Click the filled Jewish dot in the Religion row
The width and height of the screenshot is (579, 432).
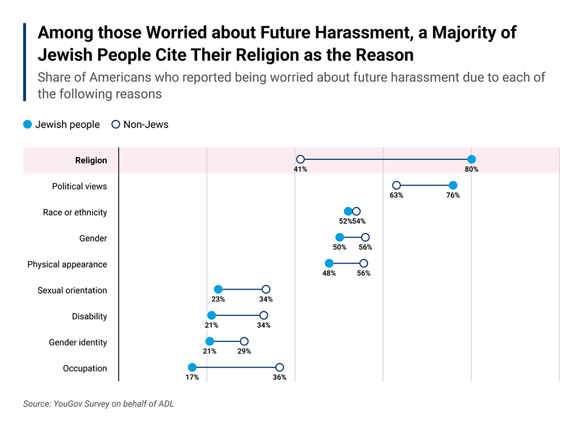pyautogui.click(x=471, y=159)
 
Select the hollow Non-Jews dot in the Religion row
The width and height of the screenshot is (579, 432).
pyautogui.click(x=300, y=159)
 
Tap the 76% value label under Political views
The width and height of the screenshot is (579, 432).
pyautogui.click(x=452, y=195)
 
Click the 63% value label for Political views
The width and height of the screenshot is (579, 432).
pyautogui.click(x=396, y=195)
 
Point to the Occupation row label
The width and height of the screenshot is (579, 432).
pyautogui.click(x=85, y=369)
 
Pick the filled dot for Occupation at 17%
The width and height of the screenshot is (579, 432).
pyautogui.click(x=192, y=367)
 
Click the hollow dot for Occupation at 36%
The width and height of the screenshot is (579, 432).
pyautogui.click(x=279, y=367)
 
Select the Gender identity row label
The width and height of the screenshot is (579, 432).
pyautogui.click(x=78, y=342)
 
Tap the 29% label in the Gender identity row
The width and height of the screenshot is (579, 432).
pyautogui.click(x=244, y=351)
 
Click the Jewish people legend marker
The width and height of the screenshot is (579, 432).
pyautogui.click(x=28, y=125)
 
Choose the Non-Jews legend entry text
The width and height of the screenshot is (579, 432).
pyautogui.click(x=146, y=125)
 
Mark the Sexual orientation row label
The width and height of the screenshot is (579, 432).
pyautogui.click(x=72, y=290)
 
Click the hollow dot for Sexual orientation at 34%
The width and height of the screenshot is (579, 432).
pyautogui.click(x=266, y=289)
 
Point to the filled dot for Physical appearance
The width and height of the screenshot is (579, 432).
pyautogui.click(x=329, y=263)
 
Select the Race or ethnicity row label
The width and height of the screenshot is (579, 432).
pyautogui.click(x=75, y=213)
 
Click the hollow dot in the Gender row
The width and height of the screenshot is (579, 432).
pyautogui.click(x=365, y=237)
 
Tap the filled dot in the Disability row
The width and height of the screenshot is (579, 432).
pyautogui.click(x=211, y=315)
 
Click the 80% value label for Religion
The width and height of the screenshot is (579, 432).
pyautogui.click(x=471, y=169)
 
